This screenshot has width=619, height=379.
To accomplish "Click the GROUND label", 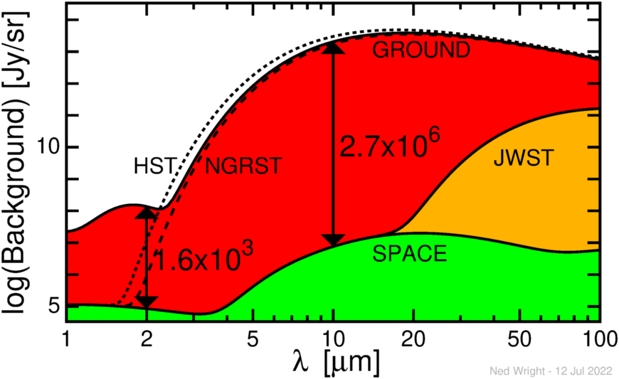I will (422, 50).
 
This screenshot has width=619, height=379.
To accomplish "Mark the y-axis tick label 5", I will (55, 306).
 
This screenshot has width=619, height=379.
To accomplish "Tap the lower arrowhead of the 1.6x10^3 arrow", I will (147, 301).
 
